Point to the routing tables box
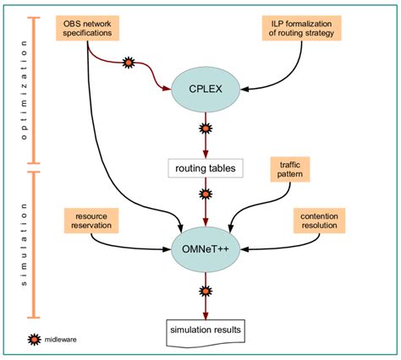205,168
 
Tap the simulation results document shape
205,329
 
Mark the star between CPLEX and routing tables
205,130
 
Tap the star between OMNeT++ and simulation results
205,292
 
